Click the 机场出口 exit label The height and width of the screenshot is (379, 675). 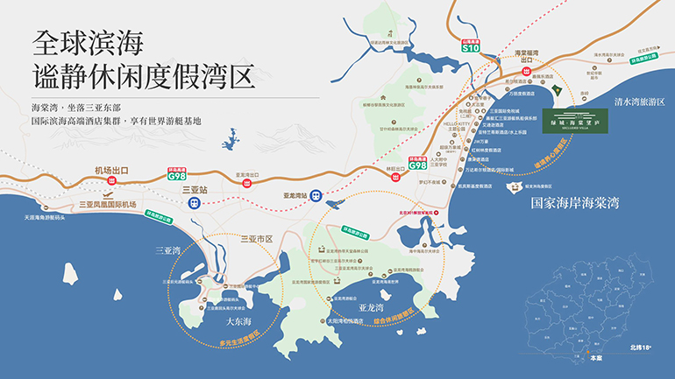coord(111,171)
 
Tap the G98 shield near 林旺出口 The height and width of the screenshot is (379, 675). coord(418,164)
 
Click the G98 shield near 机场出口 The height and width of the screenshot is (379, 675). coord(178,174)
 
